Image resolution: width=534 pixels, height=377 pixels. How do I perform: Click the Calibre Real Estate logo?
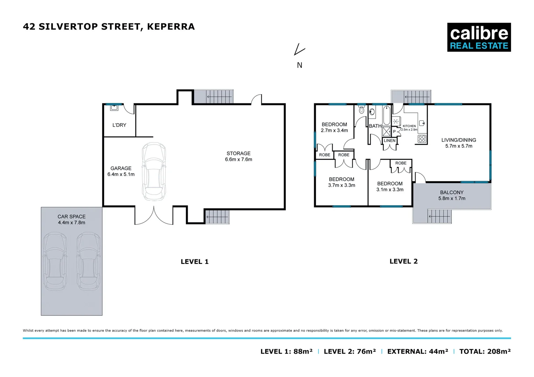479,37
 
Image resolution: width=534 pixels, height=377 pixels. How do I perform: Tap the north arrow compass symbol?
299,50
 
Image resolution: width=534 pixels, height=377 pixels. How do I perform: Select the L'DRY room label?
119,125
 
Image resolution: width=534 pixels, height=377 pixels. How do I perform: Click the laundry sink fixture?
114,108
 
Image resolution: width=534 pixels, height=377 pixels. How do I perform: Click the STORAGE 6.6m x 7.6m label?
238,156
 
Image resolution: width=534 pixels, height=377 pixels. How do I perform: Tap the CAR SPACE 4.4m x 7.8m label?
72,220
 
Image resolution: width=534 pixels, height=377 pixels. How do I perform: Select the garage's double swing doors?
154,216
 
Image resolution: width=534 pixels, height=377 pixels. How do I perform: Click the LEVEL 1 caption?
194,262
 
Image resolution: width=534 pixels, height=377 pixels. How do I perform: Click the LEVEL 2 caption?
403,261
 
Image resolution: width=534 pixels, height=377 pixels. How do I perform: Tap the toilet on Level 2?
361,109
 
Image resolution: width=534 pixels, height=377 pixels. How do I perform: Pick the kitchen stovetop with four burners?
422,139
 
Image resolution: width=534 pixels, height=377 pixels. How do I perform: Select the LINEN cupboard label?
390,141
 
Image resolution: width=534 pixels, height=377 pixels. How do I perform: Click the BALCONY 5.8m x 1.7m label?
452,195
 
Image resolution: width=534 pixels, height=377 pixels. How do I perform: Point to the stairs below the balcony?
439,216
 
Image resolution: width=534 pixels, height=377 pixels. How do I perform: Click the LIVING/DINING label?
459,140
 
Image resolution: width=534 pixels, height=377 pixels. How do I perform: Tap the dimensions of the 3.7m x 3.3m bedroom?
341,185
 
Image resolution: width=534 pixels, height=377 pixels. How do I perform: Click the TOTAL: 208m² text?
485,352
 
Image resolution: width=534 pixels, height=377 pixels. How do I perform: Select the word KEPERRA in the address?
171,27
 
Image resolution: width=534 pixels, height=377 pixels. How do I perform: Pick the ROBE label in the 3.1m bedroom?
401,163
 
